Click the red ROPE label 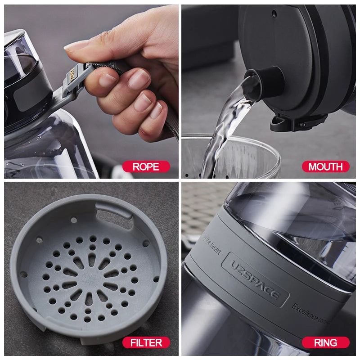tap(146, 166)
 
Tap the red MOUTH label tap(325, 166)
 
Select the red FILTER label tap(146, 343)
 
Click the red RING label tap(325, 343)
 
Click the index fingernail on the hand tap(108, 80)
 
